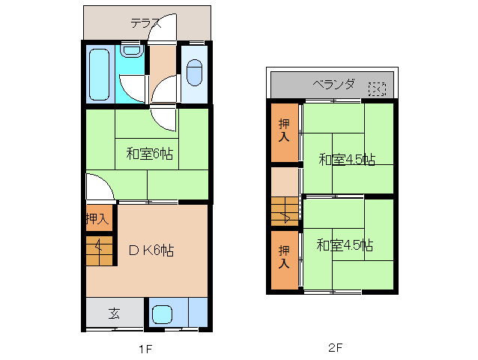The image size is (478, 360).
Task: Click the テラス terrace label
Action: click(x=146, y=22)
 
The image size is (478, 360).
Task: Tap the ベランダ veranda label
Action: click(x=333, y=84)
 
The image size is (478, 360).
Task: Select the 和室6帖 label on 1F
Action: click(x=150, y=154)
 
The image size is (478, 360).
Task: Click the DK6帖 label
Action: click(x=149, y=250)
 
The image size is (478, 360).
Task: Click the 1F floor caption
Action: click(x=145, y=349)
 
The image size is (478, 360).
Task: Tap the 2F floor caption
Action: click(x=335, y=349)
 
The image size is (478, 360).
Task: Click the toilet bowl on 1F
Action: click(x=193, y=71)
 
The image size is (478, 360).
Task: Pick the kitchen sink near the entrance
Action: click(x=162, y=313)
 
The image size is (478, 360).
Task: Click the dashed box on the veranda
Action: click(x=376, y=89)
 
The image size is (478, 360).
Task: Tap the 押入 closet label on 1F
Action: click(x=97, y=219)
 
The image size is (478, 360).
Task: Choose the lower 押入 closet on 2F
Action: click(x=284, y=256)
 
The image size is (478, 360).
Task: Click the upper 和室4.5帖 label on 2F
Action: click(x=347, y=159)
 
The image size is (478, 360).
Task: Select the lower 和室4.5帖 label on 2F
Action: click(x=345, y=245)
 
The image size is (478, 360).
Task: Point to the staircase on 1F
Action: click(x=99, y=250)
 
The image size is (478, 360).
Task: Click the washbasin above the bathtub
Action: click(x=132, y=51)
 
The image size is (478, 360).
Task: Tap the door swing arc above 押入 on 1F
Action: click(x=99, y=187)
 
